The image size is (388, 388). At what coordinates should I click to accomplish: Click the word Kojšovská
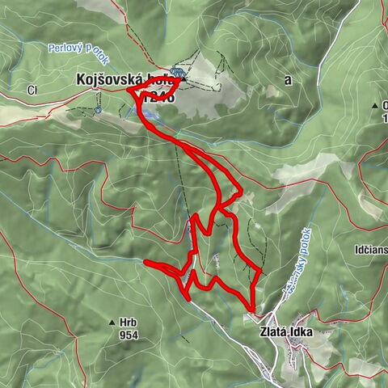coord(106,80)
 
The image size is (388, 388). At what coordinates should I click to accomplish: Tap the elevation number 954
coord(128,335)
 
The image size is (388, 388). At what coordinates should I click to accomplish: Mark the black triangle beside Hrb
coord(112,323)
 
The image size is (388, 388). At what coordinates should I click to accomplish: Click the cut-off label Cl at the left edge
coord(32,88)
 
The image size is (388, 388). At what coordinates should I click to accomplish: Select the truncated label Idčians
coord(371,250)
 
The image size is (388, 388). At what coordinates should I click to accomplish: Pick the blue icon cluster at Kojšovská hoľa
coord(177,74)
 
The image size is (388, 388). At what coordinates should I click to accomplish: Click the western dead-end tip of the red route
coord(145,262)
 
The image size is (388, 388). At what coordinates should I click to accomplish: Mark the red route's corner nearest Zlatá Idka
coord(253,310)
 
